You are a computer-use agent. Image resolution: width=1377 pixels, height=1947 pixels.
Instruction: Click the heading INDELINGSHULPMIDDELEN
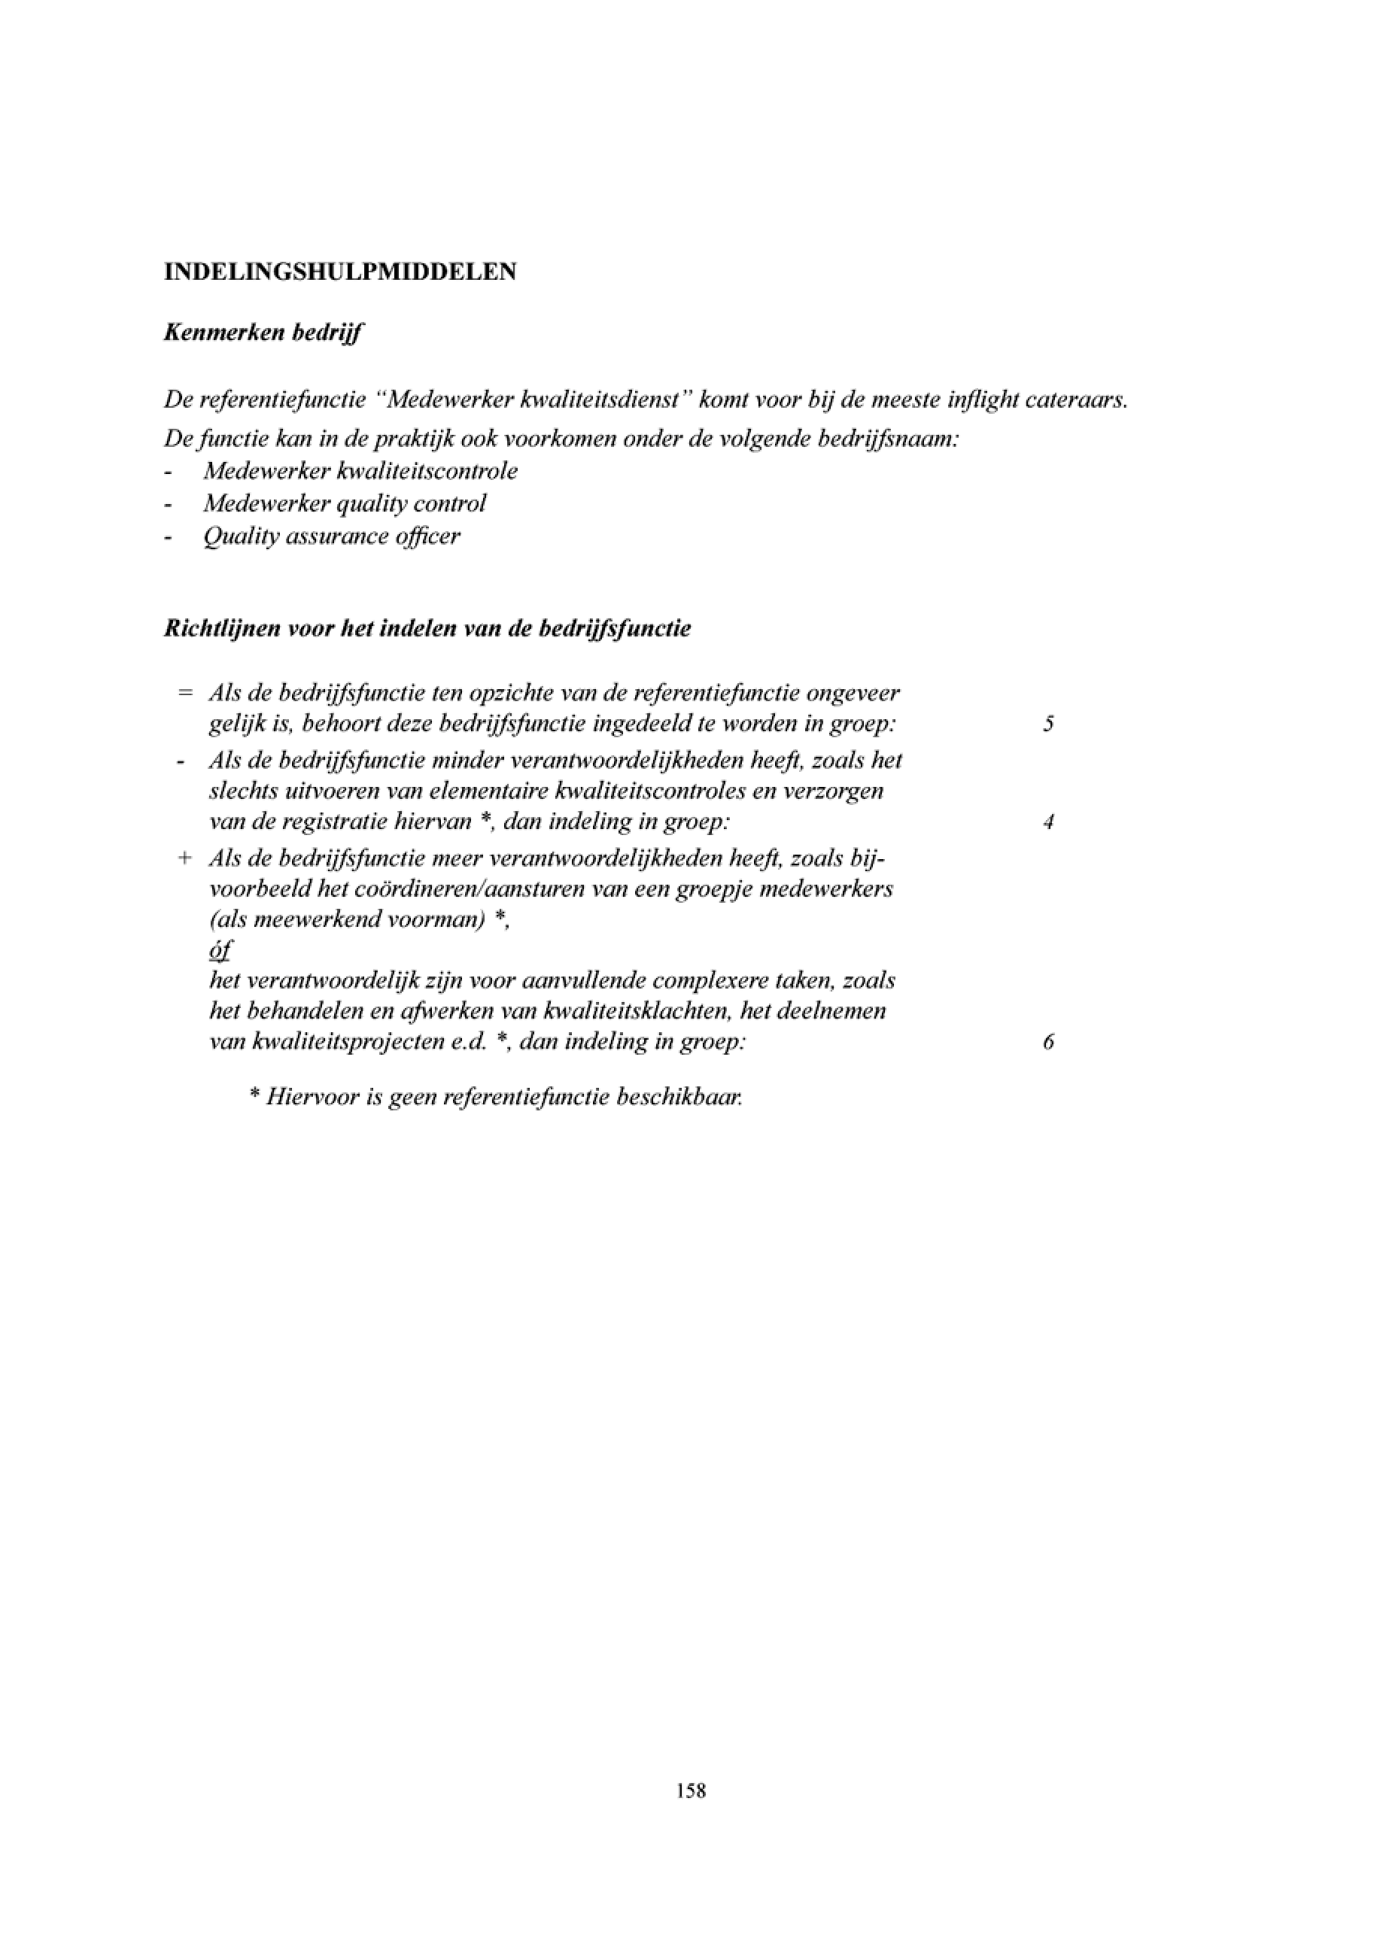click(x=340, y=272)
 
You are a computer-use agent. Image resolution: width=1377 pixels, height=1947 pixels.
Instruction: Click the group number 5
click(x=1049, y=724)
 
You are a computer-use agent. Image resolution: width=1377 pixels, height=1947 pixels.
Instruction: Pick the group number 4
click(x=1049, y=822)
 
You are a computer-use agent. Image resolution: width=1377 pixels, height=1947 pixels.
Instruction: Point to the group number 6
click(x=1049, y=1041)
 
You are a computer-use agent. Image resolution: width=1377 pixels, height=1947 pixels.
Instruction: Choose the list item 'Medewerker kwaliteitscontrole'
click(x=360, y=472)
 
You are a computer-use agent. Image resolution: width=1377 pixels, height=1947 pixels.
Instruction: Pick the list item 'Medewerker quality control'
click(x=345, y=504)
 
